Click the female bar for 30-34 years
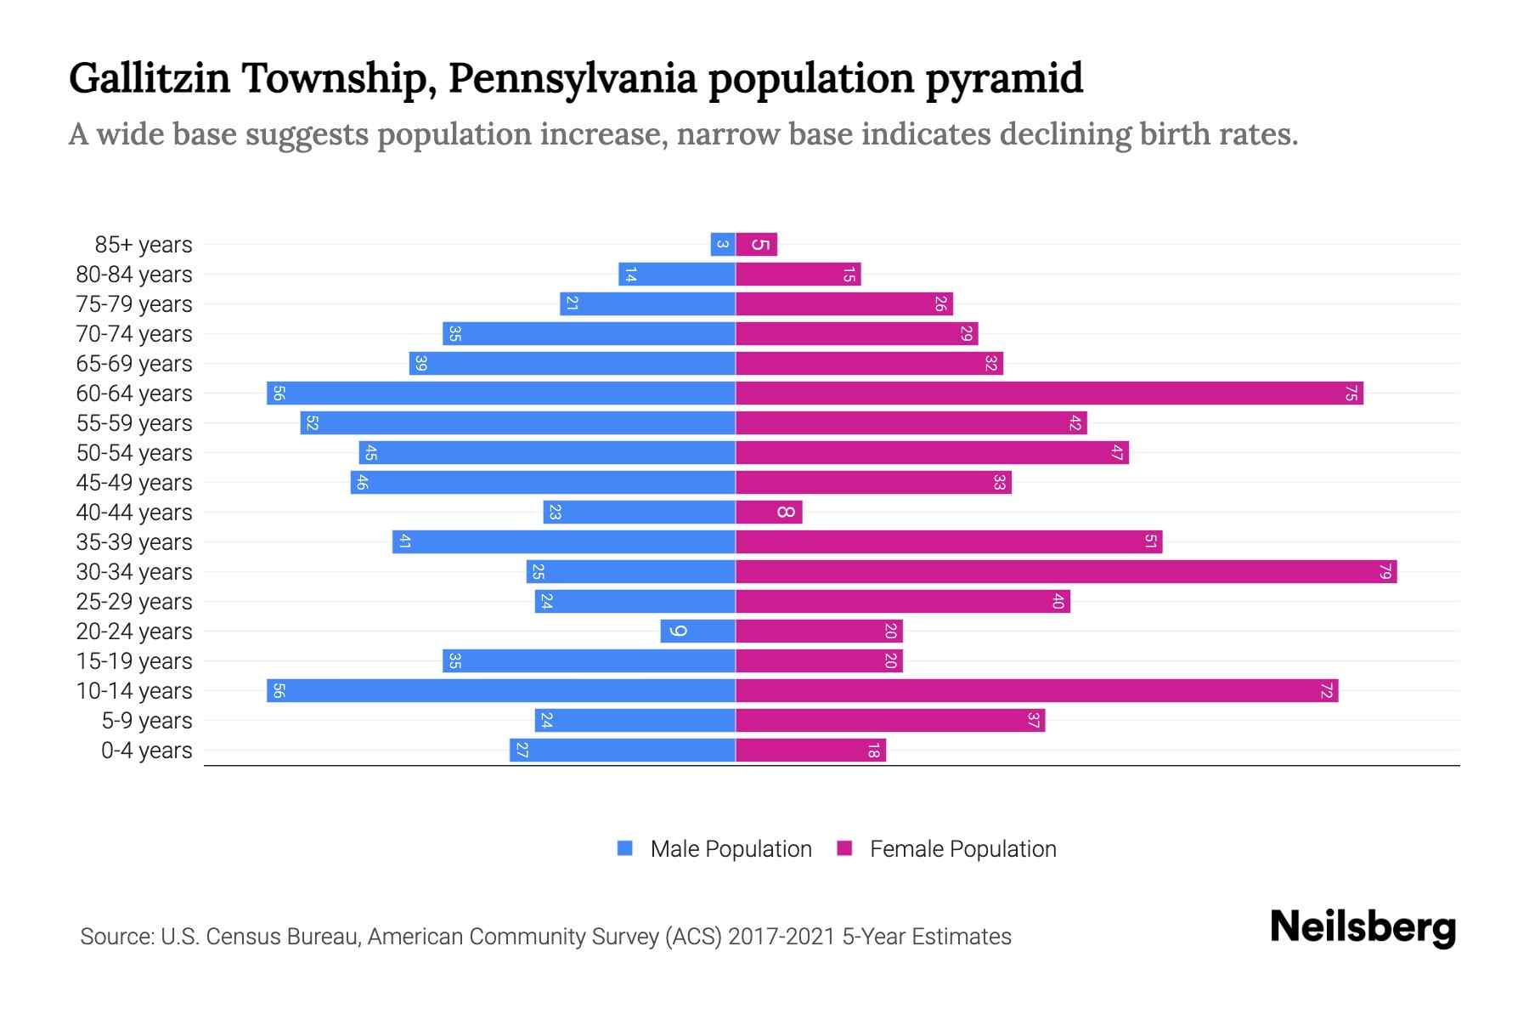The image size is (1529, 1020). coord(1066,571)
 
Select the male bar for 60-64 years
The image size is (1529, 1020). coord(501,393)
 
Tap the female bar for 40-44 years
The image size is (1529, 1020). coord(769,512)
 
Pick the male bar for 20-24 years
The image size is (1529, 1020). coord(698,631)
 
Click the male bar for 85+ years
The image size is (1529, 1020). coord(723,244)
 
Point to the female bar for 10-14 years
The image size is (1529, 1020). coord(1036,690)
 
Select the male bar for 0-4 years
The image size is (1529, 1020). coord(623,750)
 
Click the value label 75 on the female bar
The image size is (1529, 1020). coord(1351,393)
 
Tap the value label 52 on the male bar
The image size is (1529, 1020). coord(312,422)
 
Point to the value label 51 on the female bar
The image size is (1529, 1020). coord(1150,541)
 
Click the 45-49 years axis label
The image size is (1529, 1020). coord(134,482)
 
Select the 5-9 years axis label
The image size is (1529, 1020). coord(146,720)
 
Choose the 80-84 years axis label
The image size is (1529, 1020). coord(134,274)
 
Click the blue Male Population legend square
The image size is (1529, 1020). coord(625,848)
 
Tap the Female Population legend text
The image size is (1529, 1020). coord(962,848)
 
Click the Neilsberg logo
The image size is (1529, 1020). coord(1363,927)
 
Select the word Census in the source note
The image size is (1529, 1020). coord(245,936)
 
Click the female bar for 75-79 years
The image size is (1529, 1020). coord(844,303)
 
